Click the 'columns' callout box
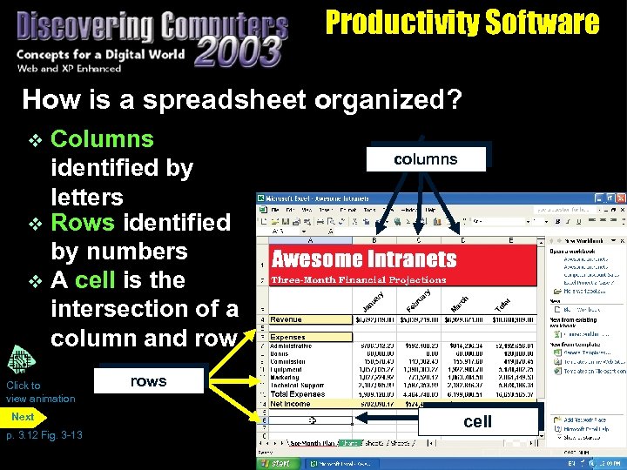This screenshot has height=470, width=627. [425, 159]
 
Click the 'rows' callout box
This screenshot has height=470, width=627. [148, 381]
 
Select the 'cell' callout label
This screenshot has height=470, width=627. [477, 421]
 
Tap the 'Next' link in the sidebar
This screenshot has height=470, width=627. [23, 417]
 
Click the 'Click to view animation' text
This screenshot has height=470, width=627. [40, 392]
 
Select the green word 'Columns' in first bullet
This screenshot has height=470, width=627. [102, 139]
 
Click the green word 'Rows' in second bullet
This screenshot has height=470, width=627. [83, 223]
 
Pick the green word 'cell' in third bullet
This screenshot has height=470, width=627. [94, 280]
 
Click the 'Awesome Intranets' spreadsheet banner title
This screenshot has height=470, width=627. [364, 259]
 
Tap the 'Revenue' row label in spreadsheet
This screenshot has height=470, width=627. [287, 319]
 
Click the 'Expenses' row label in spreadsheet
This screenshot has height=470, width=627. [288, 336]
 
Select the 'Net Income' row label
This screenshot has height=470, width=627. [291, 404]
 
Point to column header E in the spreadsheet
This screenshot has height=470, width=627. [510, 239]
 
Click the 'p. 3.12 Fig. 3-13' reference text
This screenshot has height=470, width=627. [44, 434]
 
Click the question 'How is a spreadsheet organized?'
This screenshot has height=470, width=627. [241, 100]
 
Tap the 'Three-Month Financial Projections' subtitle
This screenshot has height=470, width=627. [359, 279]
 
